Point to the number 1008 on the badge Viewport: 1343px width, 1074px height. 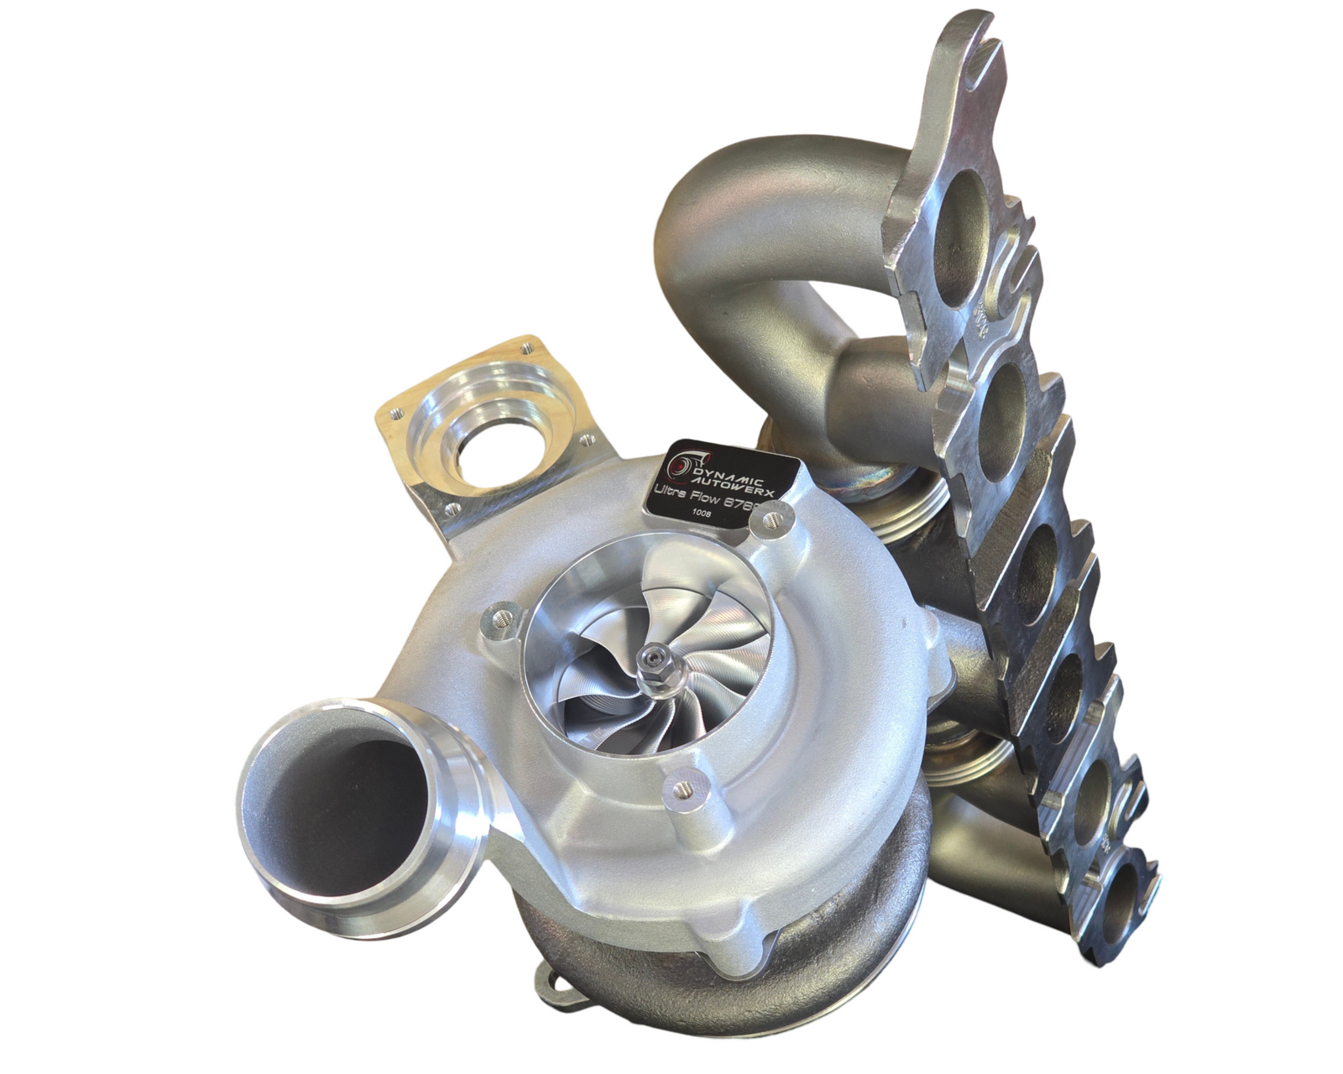coord(698,519)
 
